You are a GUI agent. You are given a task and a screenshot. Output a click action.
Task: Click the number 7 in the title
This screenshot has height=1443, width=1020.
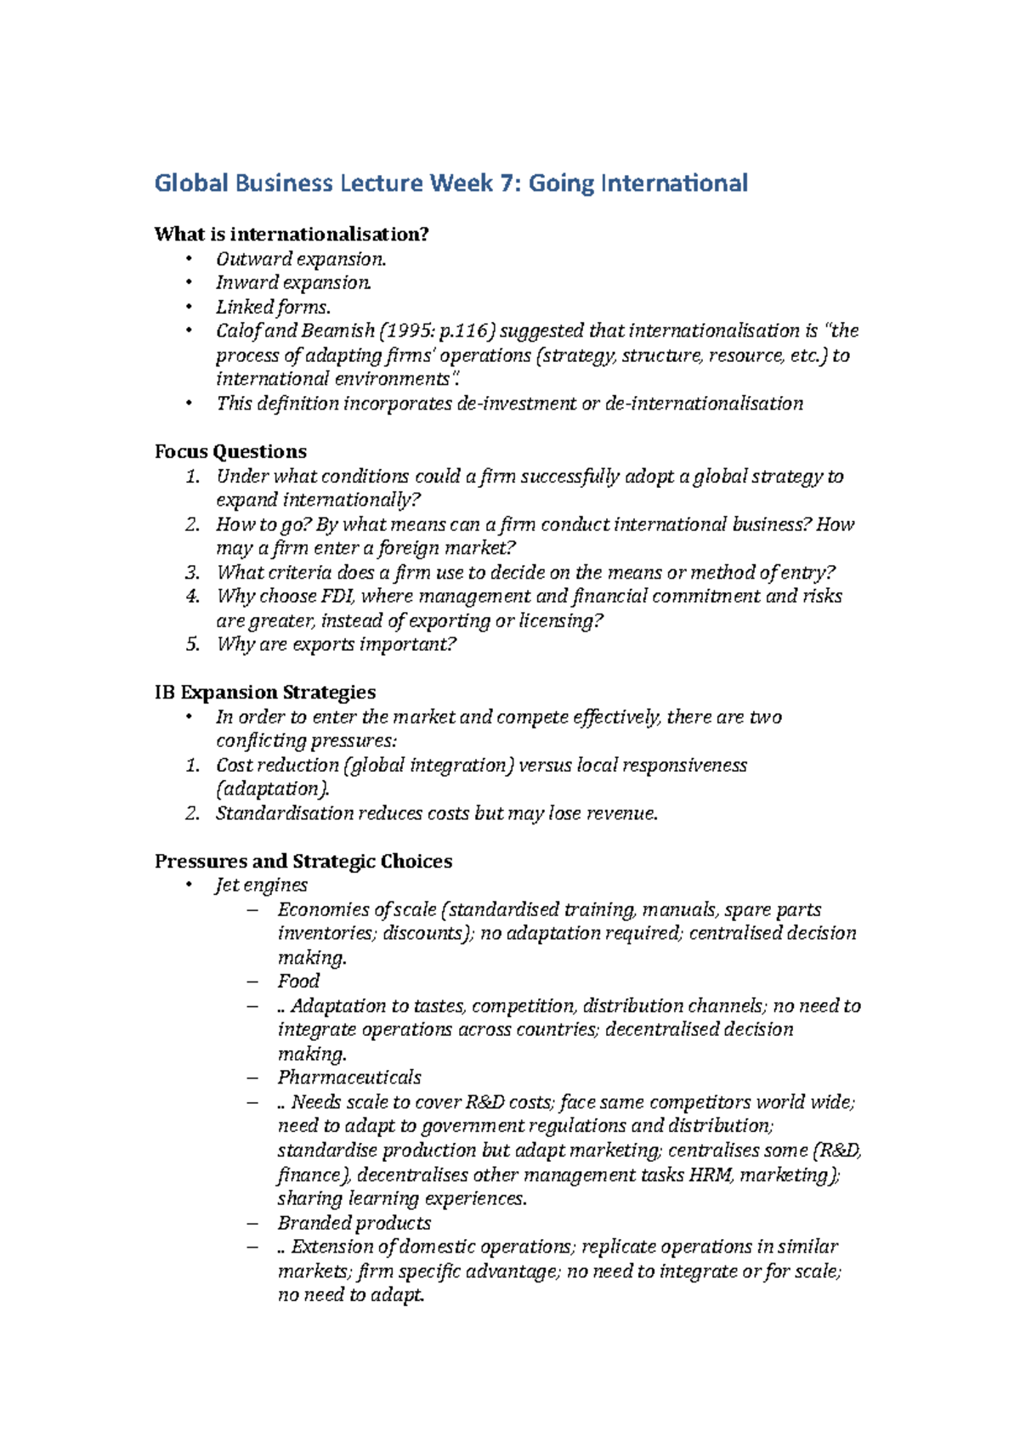[x=507, y=183]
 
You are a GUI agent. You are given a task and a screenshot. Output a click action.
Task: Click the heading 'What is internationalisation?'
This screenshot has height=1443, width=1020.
[x=292, y=234]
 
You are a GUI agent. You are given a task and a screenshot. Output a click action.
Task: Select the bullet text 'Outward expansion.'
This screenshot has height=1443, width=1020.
[x=301, y=258]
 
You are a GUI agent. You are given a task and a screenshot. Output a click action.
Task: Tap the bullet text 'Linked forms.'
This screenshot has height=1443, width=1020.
[x=273, y=307]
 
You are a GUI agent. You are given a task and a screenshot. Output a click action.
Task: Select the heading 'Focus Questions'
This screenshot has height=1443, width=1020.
[x=230, y=451]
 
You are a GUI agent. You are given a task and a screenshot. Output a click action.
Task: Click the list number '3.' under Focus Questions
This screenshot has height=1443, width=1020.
[x=192, y=573]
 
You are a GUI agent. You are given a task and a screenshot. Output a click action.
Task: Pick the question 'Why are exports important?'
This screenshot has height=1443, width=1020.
[x=337, y=644]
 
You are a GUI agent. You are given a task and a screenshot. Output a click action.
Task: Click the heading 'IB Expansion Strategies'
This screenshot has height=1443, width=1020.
[x=265, y=693]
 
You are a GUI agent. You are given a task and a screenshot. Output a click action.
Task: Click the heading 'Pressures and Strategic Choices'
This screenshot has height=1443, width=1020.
[x=303, y=862]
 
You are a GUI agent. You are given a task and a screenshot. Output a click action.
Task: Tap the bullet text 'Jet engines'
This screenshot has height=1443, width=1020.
[x=261, y=886]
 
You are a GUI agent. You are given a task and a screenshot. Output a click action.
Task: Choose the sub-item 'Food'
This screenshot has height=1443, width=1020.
[x=298, y=981]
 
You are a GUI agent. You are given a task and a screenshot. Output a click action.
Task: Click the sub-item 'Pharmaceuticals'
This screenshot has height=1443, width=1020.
[x=349, y=1078]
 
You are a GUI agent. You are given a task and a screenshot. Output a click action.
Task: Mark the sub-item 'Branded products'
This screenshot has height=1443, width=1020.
[x=354, y=1223]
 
